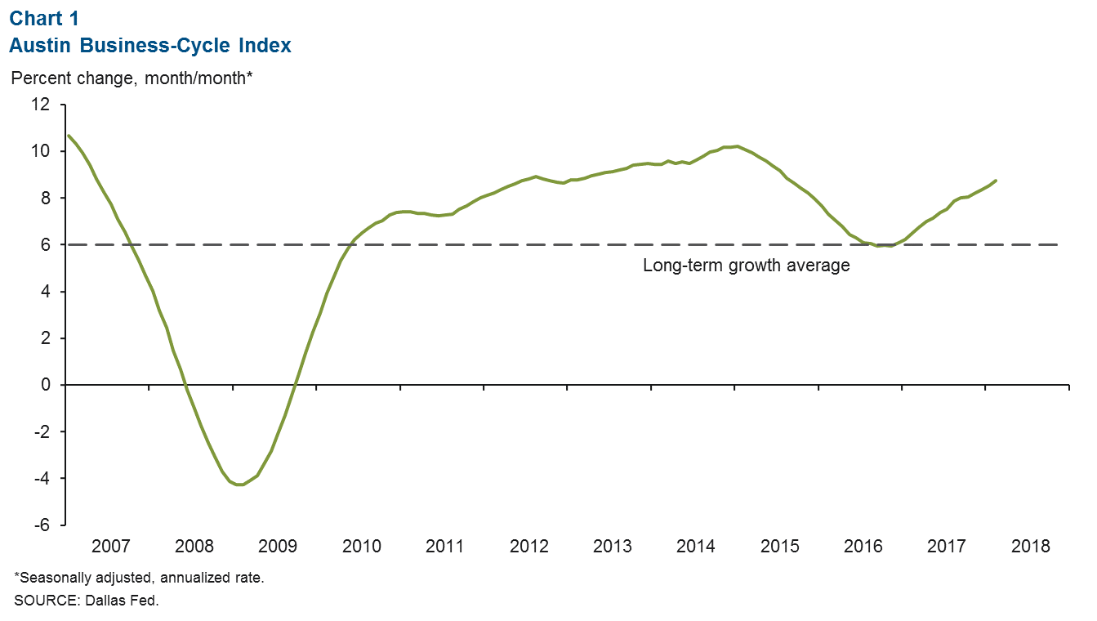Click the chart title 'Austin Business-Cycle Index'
point(150,46)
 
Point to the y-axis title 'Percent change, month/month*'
point(132,78)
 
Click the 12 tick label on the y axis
point(41,105)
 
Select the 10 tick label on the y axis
point(41,151)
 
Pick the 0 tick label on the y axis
point(45,385)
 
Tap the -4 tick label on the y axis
point(41,478)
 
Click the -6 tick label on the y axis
point(41,525)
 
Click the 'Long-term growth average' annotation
point(747,266)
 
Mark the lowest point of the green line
point(239,485)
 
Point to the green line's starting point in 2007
point(68,136)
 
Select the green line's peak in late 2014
point(737,146)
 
